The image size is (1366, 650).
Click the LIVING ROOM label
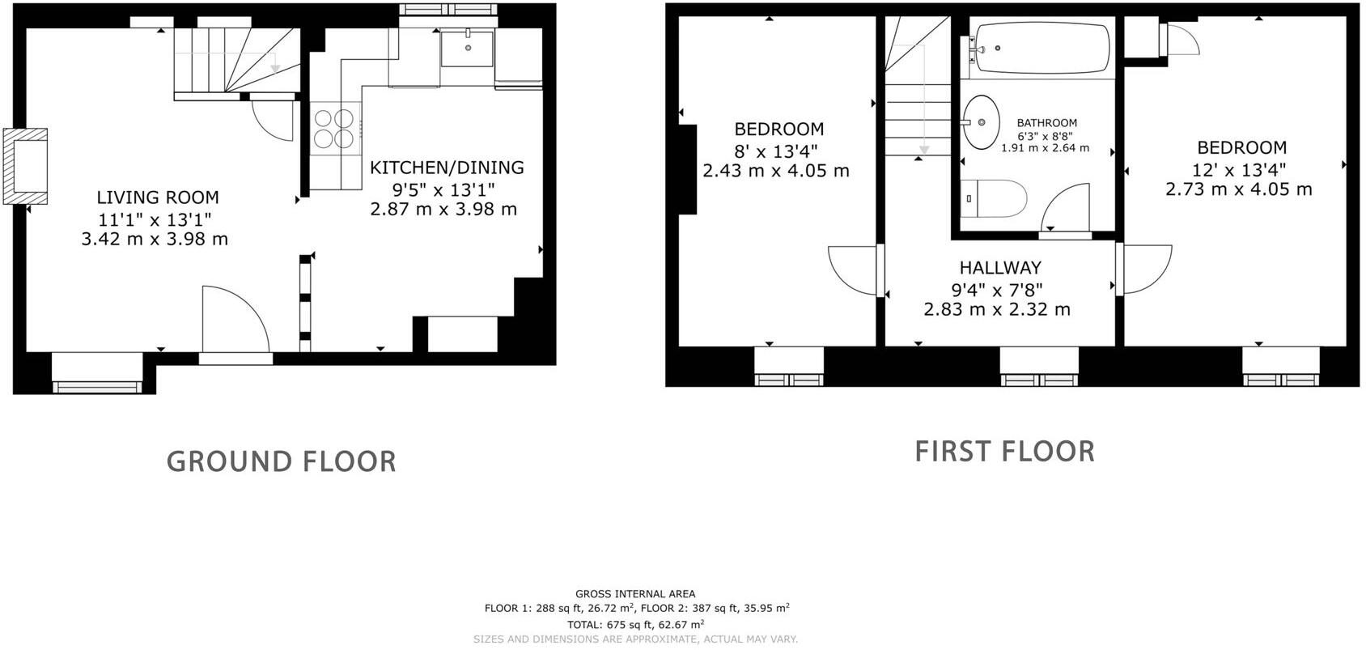click(158, 197)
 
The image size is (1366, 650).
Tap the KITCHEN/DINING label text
click(447, 168)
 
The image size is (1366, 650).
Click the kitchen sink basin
click(467, 48)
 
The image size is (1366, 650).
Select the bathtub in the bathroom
click(1042, 49)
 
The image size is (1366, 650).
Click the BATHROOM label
click(1046, 123)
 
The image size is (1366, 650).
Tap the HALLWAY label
click(1000, 268)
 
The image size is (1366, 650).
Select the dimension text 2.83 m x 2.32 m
click(997, 309)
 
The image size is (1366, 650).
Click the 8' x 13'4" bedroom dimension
click(776, 150)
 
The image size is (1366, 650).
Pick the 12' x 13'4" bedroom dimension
click(1238, 169)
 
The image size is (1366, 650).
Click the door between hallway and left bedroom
click(856, 270)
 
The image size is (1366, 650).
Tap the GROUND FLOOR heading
click(282, 461)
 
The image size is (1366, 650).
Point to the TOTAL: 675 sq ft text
click(635, 624)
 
